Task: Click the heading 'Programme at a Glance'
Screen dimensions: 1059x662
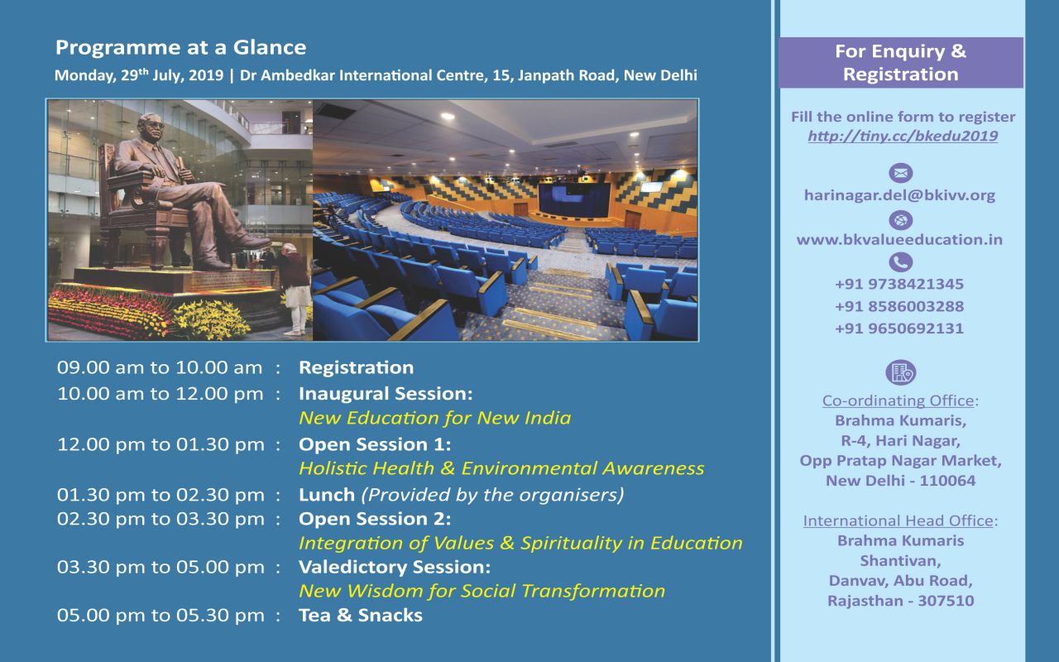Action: coord(180,48)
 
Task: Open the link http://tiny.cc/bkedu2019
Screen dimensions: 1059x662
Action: coord(903,137)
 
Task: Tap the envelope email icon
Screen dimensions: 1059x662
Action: coord(901,173)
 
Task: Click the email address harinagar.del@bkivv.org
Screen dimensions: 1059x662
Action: coord(899,195)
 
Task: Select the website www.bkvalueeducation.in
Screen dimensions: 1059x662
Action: coord(899,240)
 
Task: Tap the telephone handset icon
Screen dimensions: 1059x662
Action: coord(901,262)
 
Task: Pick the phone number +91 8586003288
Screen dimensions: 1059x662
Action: coord(899,306)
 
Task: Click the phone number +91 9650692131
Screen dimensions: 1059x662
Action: coord(899,329)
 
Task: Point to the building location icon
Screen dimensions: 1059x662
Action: coord(901,372)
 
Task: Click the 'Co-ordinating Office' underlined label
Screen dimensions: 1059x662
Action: coord(898,401)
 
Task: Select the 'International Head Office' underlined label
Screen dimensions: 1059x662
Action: coord(898,521)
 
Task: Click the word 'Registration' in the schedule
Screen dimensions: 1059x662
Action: coord(356,368)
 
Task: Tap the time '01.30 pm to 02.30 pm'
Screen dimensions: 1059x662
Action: coord(161,495)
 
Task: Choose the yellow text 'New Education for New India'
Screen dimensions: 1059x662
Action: coord(435,418)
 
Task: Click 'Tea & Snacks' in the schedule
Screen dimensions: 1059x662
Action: coord(360,616)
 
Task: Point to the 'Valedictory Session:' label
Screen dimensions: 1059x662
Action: coord(395,567)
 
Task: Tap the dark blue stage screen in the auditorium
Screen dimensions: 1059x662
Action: coord(574,199)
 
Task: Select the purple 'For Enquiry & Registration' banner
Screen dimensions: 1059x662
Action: coord(901,63)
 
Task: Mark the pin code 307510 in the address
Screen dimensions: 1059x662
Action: coord(946,601)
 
